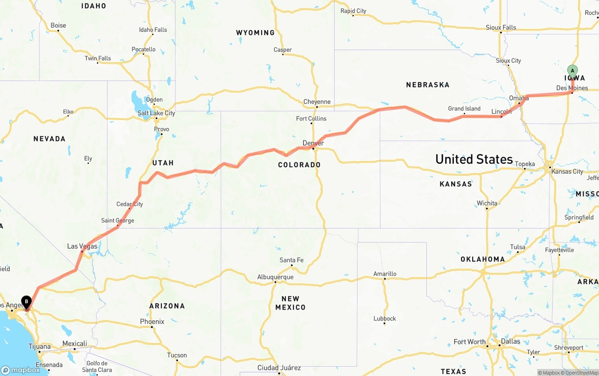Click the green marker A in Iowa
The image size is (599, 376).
pos(572,72)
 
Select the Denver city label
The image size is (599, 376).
pos(313,143)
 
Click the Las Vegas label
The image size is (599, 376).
pos(82,246)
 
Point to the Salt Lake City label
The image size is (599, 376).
pos(156,113)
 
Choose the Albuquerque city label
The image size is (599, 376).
pos(275,277)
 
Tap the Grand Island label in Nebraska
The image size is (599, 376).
pos(464,109)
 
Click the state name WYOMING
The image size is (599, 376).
pos(255,33)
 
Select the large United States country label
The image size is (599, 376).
pos(474,159)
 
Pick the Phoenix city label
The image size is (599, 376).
pos(152,322)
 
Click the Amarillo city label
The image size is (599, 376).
pos(385,273)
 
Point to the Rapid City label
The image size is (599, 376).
pos(353,11)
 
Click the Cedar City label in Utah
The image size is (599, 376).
pos(130,204)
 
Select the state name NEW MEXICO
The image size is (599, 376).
pos(290,303)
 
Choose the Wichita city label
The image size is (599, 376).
pos(487,203)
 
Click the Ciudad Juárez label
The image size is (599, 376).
pos(279,368)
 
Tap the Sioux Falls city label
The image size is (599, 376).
pos(501,28)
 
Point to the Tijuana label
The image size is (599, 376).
pos(39,346)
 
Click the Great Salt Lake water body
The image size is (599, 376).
pos(137,100)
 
